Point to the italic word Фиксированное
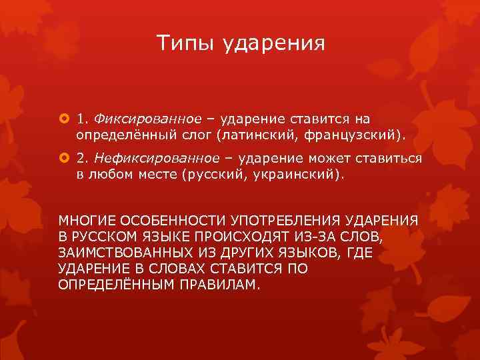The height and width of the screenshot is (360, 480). [x=147, y=119]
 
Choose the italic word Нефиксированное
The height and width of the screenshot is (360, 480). [x=157, y=158]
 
